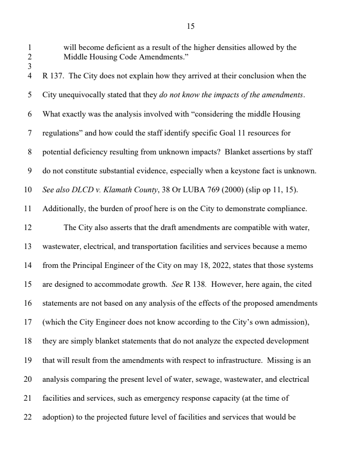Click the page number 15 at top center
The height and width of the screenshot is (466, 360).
190,27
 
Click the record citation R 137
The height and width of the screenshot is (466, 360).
53,76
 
